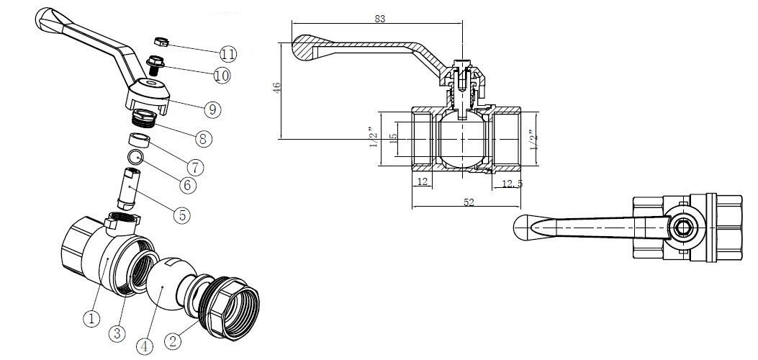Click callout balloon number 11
228,53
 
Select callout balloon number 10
222,75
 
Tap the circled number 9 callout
212,109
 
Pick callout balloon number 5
182,215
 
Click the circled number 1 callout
92,318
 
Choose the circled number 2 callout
173,341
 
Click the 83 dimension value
380,19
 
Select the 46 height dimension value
276,88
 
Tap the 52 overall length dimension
469,202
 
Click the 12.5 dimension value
513,184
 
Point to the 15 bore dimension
394,139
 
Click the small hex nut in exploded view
161,42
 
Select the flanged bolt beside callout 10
155,65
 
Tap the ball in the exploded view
170,284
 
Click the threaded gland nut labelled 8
144,118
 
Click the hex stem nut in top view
682,228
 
